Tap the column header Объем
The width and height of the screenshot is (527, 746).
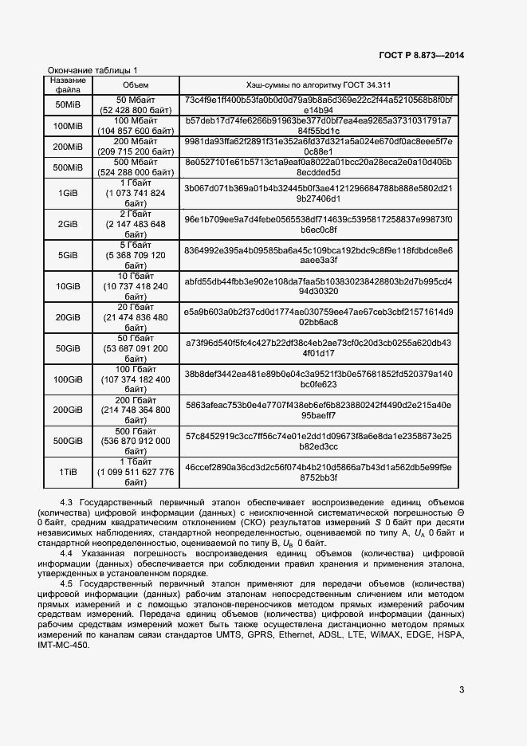click(x=135, y=85)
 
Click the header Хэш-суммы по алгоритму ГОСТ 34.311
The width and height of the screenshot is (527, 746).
click(x=319, y=85)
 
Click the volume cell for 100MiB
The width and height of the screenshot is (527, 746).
click(x=135, y=126)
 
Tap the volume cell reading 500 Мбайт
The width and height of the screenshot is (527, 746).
click(x=135, y=167)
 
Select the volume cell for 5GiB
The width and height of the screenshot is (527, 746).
click(x=135, y=255)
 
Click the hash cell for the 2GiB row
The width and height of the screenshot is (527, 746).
click(x=319, y=225)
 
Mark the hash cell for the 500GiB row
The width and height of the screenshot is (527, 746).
click(x=319, y=442)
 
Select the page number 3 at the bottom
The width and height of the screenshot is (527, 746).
click(x=462, y=690)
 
